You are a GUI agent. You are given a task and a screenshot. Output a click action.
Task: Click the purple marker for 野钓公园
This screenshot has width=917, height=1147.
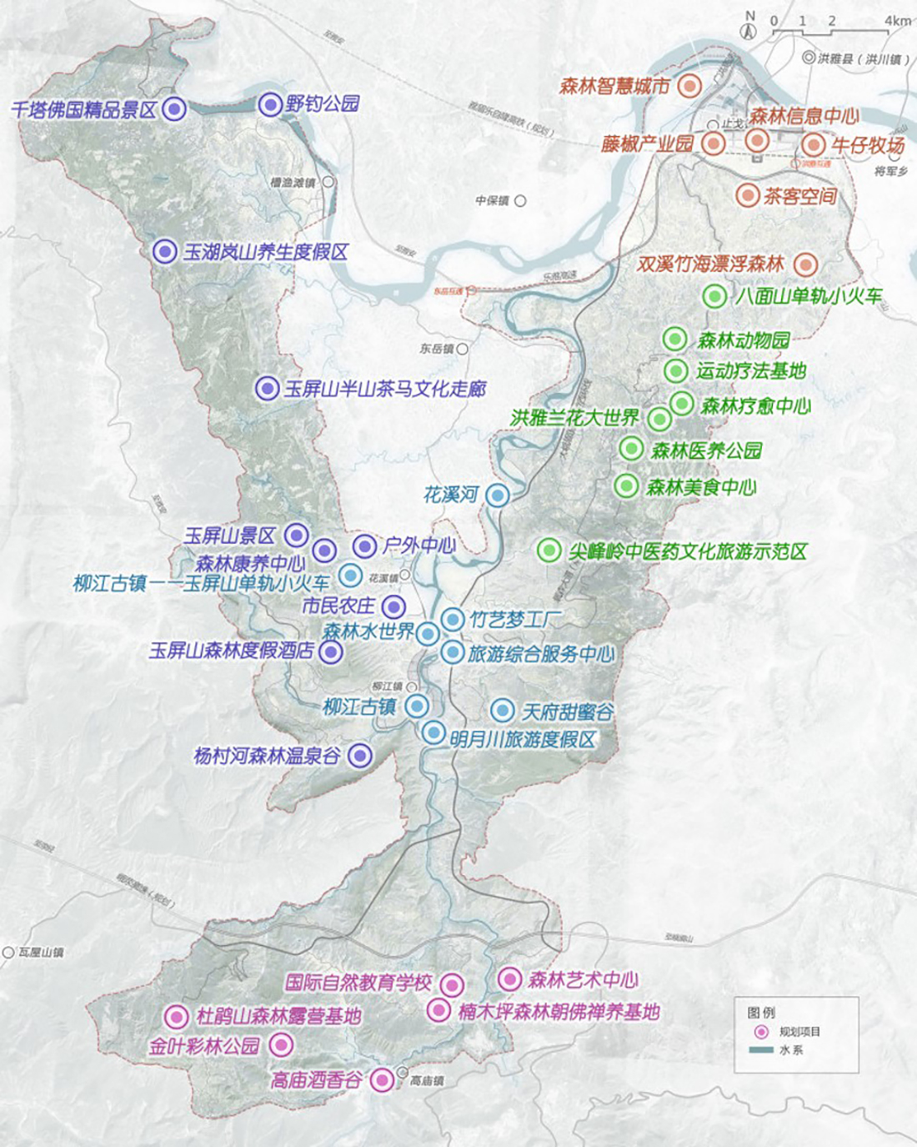click(x=270, y=104)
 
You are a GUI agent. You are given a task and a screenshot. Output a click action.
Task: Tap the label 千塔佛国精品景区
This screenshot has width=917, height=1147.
click(x=84, y=109)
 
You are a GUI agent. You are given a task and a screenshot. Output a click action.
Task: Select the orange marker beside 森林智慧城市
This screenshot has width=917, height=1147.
click(x=688, y=86)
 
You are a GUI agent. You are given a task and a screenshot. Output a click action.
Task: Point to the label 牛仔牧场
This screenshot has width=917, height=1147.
click(x=868, y=146)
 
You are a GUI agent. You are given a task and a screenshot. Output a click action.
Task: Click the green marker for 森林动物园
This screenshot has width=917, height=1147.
click(x=674, y=340)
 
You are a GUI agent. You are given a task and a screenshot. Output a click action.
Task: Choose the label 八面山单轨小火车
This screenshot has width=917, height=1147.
click(x=809, y=296)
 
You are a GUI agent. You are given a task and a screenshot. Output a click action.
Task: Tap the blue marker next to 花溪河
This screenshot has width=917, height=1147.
click(x=498, y=496)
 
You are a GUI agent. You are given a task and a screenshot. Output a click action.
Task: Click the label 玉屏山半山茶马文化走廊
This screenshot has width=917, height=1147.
click(x=385, y=389)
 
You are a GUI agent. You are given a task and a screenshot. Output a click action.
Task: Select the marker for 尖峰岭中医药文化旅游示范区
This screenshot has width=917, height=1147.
click(x=549, y=550)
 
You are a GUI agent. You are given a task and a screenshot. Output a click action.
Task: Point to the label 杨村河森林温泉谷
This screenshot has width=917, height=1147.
click(x=267, y=756)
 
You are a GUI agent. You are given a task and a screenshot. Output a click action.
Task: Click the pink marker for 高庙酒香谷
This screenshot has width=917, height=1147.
click(x=382, y=1079)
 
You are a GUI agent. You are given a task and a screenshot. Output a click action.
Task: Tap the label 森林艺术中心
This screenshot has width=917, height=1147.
click(x=583, y=979)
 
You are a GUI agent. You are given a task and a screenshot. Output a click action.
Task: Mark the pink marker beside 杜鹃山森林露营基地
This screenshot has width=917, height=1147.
click(x=176, y=1016)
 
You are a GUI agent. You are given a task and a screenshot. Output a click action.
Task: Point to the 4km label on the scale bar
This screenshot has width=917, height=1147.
click(x=898, y=21)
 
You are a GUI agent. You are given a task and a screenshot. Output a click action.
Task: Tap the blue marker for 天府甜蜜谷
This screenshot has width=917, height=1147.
click(x=502, y=711)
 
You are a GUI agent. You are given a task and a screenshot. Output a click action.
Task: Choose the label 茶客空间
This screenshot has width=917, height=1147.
click(x=799, y=196)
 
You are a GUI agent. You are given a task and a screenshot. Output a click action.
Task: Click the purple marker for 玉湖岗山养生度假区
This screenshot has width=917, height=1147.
click(x=164, y=251)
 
